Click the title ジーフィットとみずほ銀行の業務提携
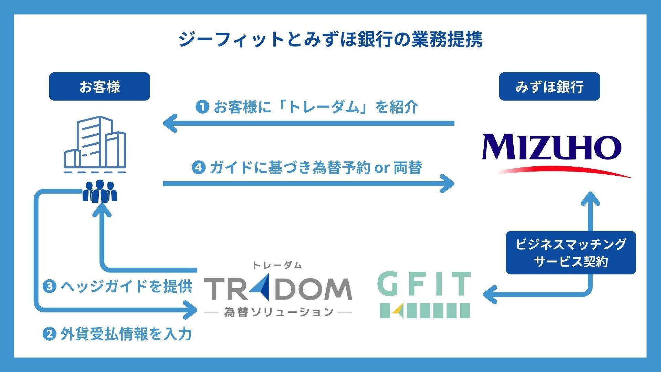click(330, 39)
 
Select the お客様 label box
click(99, 86)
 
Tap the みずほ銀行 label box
click(549, 86)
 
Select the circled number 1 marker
click(202, 107)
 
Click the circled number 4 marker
click(199, 168)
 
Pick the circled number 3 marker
click(49, 286)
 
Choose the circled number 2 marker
click(49, 334)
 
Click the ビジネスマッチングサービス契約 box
click(570, 252)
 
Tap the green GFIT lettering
click(424, 283)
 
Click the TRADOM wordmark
click(278, 289)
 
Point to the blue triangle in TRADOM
click(260, 289)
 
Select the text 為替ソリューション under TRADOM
click(278, 312)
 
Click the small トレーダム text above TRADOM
click(277, 265)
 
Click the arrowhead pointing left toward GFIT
click(490, 295)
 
